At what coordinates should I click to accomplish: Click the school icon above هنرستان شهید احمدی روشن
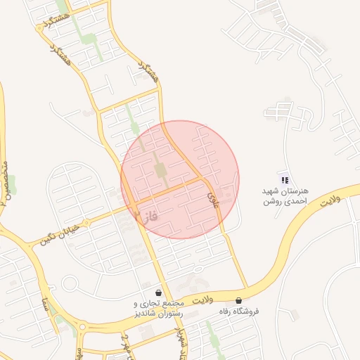tap(284, 181)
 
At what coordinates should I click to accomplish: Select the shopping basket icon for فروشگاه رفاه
tap(241, 300)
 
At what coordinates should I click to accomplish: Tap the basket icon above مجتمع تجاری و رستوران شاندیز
tap(158, 292)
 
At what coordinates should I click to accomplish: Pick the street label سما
tap(46, 305)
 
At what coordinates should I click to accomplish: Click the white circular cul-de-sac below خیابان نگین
tap(70, 284)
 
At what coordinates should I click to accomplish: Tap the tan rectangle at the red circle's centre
tap(161, 170)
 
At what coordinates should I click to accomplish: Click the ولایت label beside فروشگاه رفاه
tap(201, 300)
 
